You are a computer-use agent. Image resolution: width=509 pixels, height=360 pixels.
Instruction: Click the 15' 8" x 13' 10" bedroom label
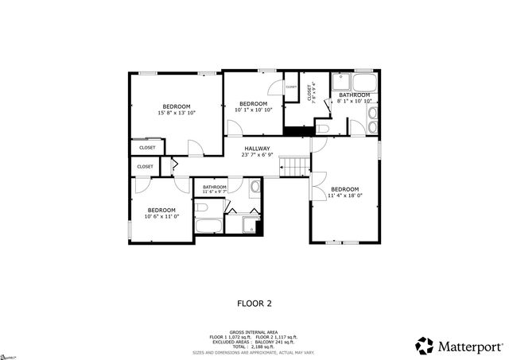177,110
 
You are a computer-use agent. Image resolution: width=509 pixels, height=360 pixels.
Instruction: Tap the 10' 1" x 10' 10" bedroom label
253,106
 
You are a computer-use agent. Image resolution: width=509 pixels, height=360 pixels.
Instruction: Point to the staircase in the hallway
294,166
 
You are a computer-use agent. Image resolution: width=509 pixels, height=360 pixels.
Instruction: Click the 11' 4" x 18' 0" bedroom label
344,192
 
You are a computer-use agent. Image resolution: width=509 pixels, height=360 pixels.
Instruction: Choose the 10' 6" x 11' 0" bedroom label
161,213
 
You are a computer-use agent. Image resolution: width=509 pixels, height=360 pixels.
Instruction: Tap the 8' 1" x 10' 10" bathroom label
355,98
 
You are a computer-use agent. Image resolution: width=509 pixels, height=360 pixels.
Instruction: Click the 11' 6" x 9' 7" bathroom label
215,189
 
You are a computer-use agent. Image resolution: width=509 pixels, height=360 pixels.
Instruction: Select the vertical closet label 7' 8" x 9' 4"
309,92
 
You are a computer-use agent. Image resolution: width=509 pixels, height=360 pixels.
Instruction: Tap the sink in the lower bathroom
254,188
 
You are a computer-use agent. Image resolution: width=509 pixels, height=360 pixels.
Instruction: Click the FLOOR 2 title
254,303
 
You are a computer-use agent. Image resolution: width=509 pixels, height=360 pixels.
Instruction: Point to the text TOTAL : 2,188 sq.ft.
254,346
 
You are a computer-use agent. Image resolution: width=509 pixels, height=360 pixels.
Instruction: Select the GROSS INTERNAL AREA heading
254,331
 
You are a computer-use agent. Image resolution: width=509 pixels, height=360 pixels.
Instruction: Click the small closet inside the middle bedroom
290,87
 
